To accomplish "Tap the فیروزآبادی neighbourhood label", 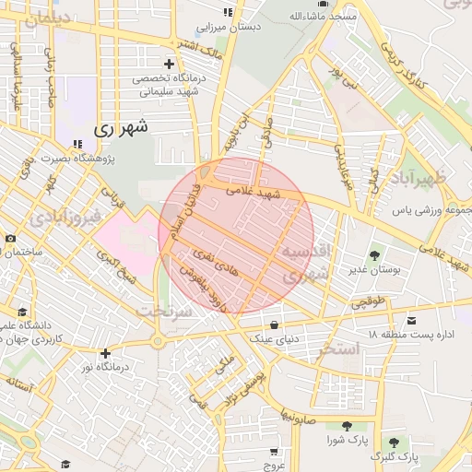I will pyautogui.click(x=43, y=217).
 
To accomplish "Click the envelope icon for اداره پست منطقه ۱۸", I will pyautogui.click(x=411, y=318).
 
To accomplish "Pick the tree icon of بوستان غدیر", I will pyautogui.click(x=374, y=254).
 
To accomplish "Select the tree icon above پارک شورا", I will pyautogui.click(x=346, y=425).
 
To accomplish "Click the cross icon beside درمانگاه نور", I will pyautogui.click(x=106, y=352).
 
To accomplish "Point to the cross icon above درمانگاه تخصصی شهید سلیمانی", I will pyautogui.click(x=169, y=64).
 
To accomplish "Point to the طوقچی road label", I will pyautogui.click(x=371, y=301).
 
